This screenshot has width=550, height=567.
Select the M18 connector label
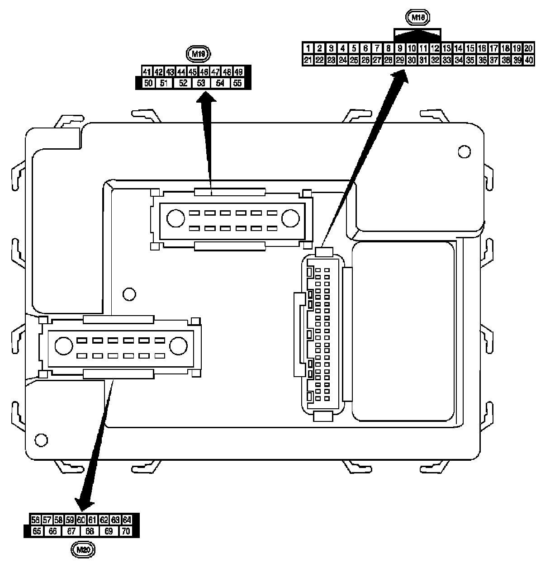pyautogui.click(x=417, y=18)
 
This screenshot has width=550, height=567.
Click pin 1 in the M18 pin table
pyautogui.click(x=308, y=48)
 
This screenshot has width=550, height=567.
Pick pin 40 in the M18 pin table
pyautogui.click(x=529, y=60)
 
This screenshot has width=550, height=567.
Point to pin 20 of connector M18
pyautogui.click(x=529, y=48)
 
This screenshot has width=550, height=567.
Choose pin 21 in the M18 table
pyautogui.click(x=308, y=60)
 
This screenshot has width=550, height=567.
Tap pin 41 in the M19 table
pyautogui.click(x=147, y=72)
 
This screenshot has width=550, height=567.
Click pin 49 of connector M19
pyautogui.click(x=238, y=72)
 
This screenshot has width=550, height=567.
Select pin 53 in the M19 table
pyautogui.click(x=201, y=83)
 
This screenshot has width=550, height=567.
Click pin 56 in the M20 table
pyautogui.click(x=35, y=520)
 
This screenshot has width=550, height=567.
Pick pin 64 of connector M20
pyautogui.click(x=127, y=520)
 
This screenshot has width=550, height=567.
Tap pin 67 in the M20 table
pyautogui.click(x=71, y=531)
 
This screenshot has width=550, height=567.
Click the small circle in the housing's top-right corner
pyautogui.click(x=464, y=151)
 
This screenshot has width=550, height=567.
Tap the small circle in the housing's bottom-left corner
pyautogui.click(x=41, y=439)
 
